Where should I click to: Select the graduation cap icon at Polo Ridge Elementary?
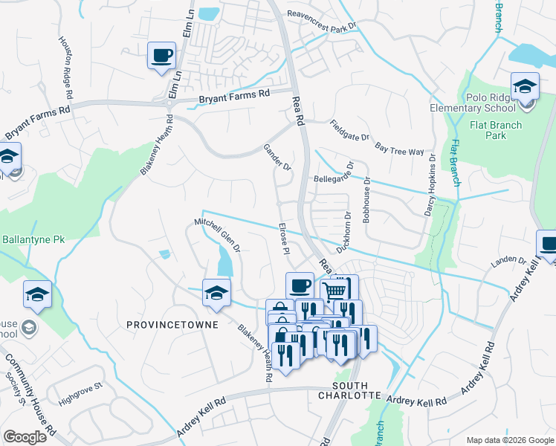(x=525, y=87)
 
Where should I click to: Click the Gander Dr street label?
(x=277, y=157)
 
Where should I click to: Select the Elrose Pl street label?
(x=282, y=237)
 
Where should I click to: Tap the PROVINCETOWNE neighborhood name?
(x=172, y=325)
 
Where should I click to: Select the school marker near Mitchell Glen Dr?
(x=216, y=293)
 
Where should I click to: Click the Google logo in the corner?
(x=25, y=437)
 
